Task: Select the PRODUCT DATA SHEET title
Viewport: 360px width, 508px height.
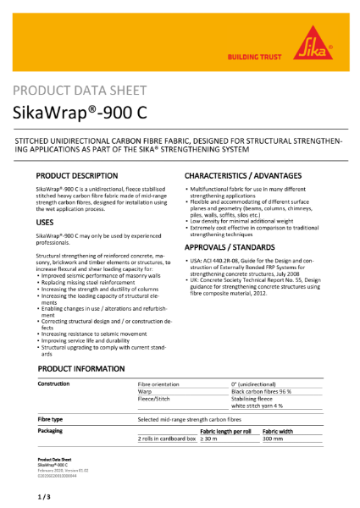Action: click(x=80, y=90)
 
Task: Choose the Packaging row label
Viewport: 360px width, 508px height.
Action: click(x=53, y=431)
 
